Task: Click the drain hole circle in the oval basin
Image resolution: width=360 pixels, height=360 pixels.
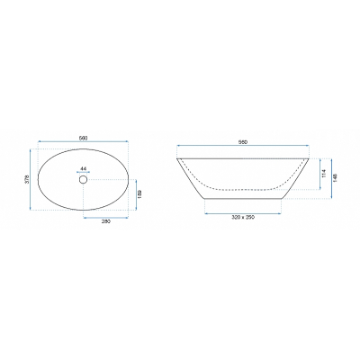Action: (83, 180)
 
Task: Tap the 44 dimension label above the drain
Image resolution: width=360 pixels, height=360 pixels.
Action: (83, 169)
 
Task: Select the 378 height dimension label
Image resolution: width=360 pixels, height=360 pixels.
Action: (26, 179)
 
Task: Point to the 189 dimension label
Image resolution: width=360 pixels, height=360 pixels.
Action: (140, 193)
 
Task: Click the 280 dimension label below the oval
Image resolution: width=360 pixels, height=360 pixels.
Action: (106, 221)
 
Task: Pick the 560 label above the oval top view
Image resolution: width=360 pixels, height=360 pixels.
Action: (83, 138)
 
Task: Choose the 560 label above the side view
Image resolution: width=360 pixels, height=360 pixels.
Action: (243, 142)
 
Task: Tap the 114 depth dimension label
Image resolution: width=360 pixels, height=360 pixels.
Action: (324, 174)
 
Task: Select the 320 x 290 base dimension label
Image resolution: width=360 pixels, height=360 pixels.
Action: (243, 217)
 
